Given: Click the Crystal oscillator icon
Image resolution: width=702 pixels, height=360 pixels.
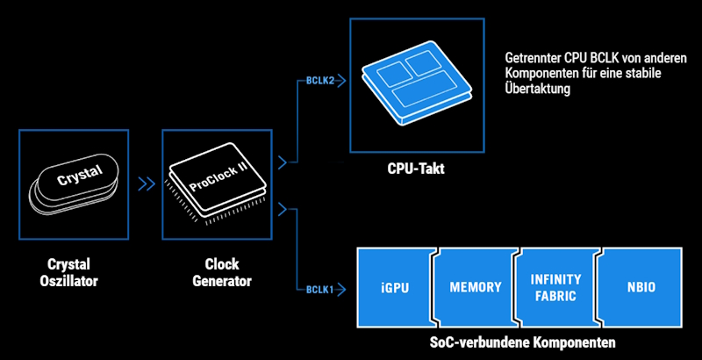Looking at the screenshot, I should (74, 183).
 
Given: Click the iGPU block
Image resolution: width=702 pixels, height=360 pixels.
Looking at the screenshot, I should (395, 287).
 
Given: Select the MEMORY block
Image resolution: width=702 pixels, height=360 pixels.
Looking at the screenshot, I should (476, 287).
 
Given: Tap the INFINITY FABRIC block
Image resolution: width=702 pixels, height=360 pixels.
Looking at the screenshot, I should (556, 287).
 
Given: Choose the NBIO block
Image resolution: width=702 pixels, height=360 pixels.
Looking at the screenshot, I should (641, 287).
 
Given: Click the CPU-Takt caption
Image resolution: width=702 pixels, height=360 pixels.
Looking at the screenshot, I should (415, 169).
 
